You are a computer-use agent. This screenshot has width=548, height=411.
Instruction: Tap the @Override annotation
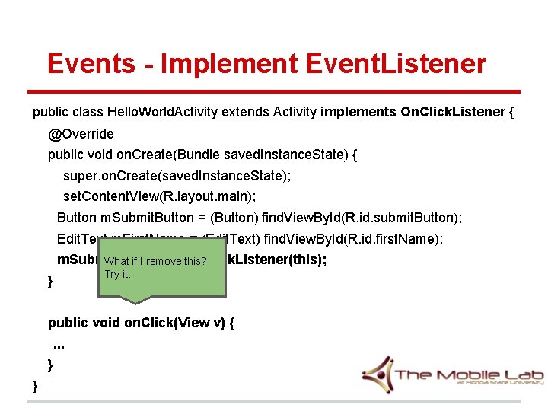click(x=81, y=134)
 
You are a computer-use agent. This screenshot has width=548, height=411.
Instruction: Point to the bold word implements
click(x=358, y=113)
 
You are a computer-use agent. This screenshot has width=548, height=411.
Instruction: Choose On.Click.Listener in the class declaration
click(x=452, y=113)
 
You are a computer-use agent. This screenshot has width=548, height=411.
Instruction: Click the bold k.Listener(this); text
click(x=278, y=260)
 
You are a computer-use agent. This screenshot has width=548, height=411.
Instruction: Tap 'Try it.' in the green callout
click(x=118, y=274)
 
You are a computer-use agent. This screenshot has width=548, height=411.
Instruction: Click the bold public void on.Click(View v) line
click(x=141, y=323)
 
